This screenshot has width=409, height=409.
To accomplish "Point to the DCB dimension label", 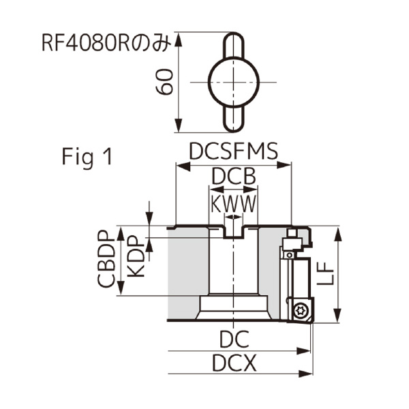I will pyautogui.click(x=234, y=177).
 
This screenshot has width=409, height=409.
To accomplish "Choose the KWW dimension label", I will pyautogui.click(x=234, y=203).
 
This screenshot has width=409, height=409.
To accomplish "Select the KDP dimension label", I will pyautogui.click(x=136, y=256).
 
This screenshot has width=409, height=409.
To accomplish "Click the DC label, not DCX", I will pyautogui.click(x=234, y=339).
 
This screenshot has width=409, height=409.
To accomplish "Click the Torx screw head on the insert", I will pyautogui.click(x=300, y=310).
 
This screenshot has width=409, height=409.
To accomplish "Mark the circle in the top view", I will pyautogui.click(x=233, y=82).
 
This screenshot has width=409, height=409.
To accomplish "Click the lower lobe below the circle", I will pyautogui.click(x=233, y=117).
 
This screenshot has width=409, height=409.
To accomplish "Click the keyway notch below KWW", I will pyautogui.click(x=233, y=232).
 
